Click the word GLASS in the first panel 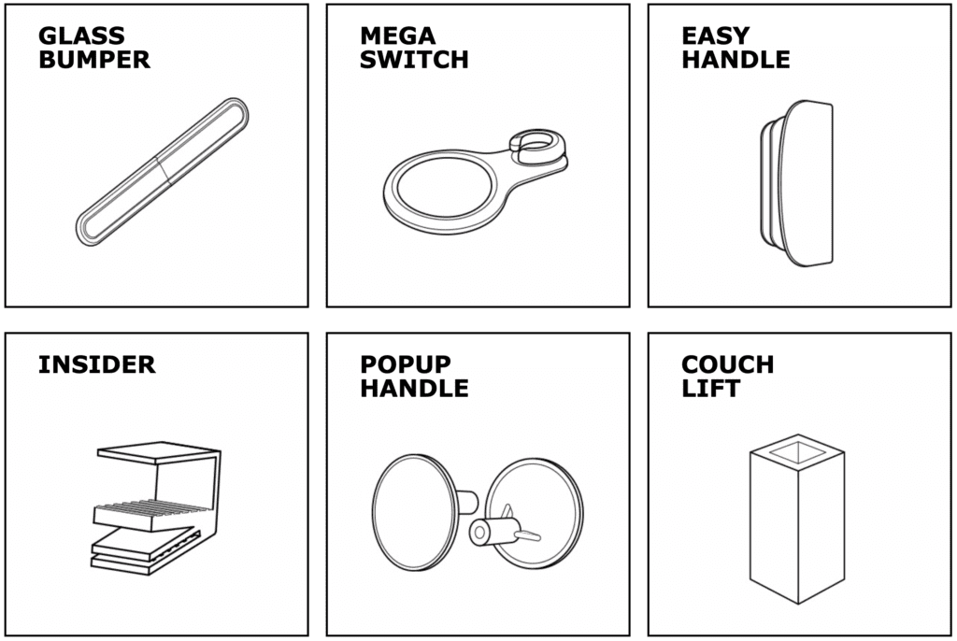[x=82, y=36]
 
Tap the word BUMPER [x=94, y=60]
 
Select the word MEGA [x=398, y=36]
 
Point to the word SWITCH [x=414, y=60]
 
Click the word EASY [x=715, y=36]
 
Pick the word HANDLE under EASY [x=736, y=60]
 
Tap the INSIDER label [x=97, y=364]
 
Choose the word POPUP [x=406, y=364]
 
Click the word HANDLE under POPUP [x=414, y=389]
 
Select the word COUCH [x=727, y=364]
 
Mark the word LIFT [x=710, y=389]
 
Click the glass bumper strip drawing [x=163, y=172]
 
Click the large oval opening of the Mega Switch [x=442, y=187]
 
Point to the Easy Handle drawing [x=797, y=183]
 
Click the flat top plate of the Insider [x=158, y=451]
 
